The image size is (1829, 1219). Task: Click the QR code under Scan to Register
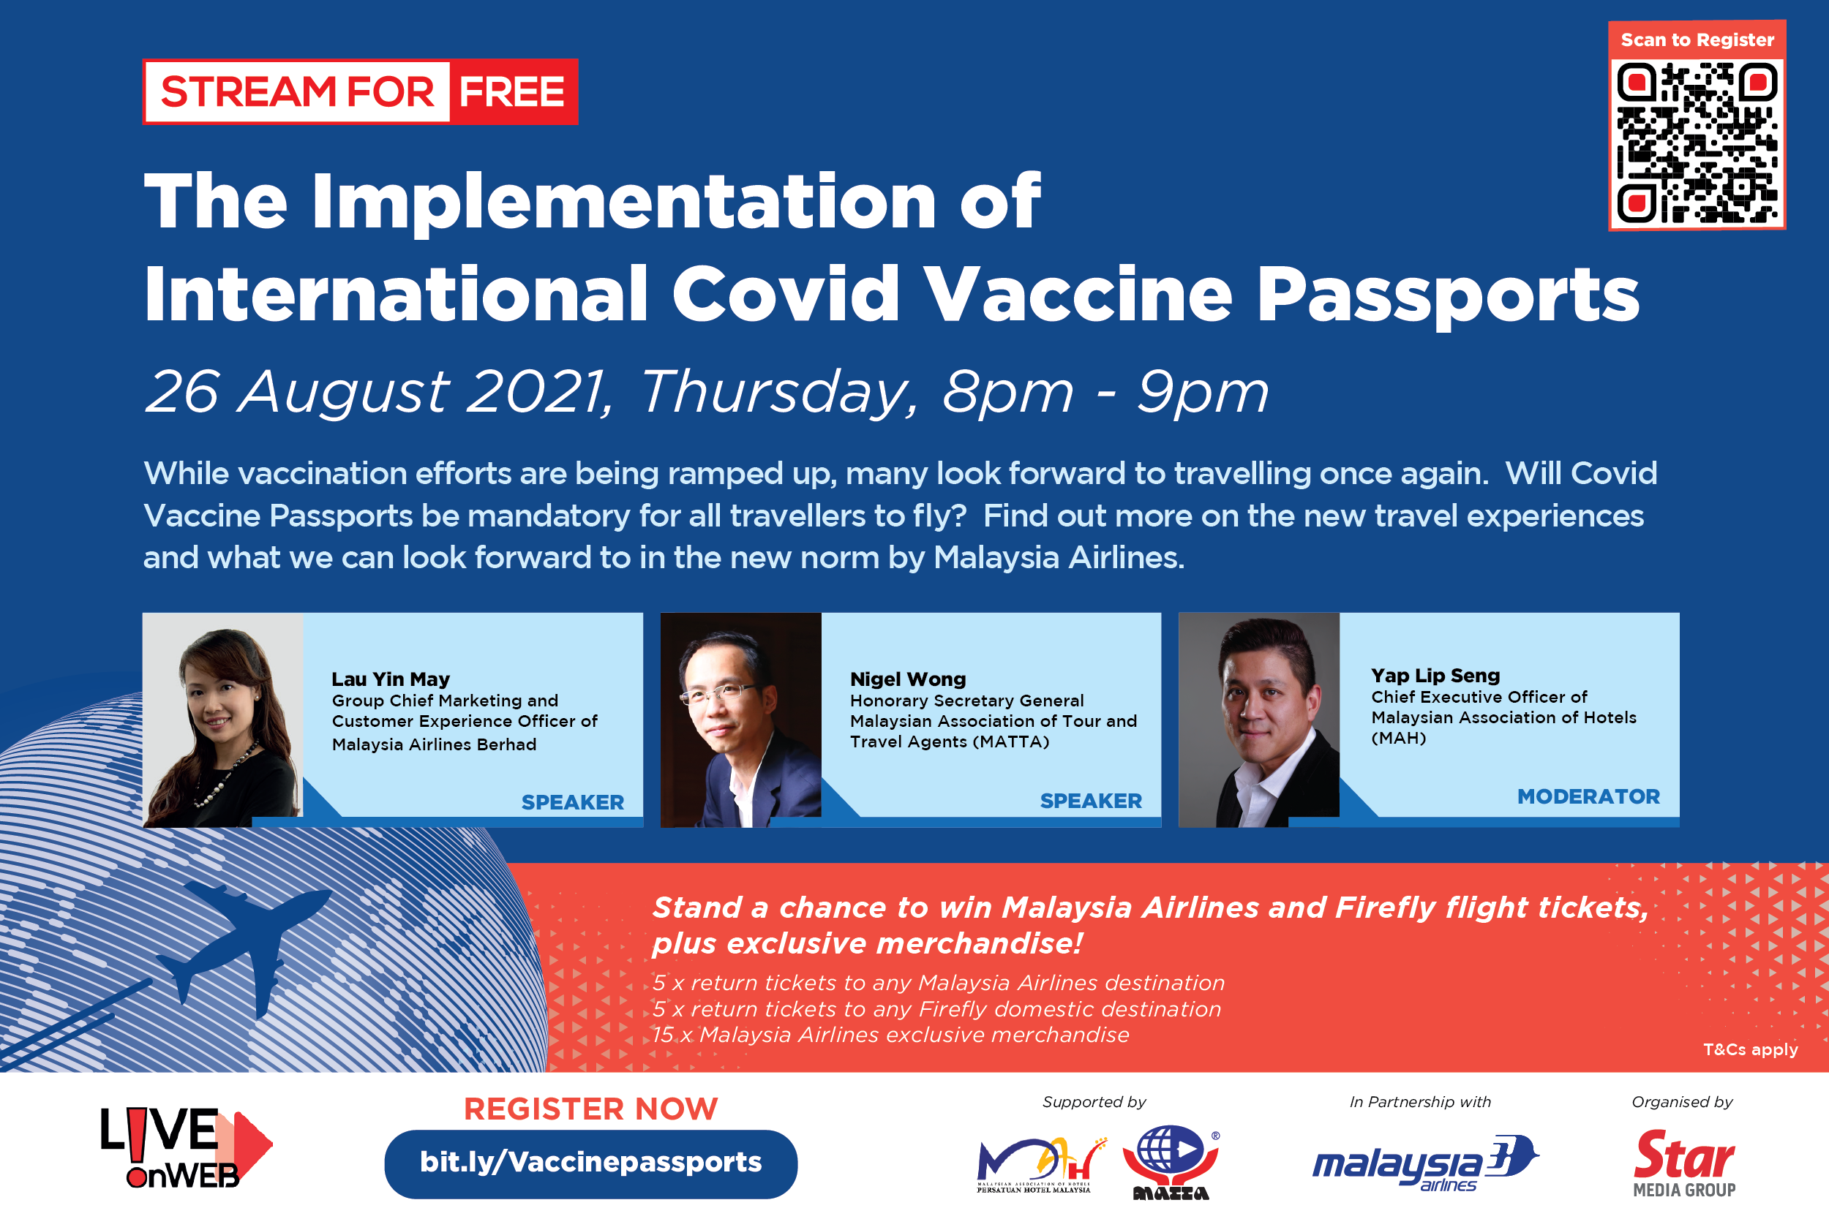[x=1697, y=144]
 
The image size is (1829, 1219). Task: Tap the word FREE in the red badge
[x=511, y=91]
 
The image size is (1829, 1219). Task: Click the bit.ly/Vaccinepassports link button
[x=591, y=1163]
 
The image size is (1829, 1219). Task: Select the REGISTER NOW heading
[x=591, y=1109]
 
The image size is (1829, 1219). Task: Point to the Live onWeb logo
[x=186, y=1148]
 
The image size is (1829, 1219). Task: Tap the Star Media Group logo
[x=1684, y=1163]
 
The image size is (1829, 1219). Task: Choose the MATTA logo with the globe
[x=1171, y=1162]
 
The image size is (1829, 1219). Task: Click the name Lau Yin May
[x=391, y=679]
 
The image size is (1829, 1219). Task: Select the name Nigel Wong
[x=907, y=679]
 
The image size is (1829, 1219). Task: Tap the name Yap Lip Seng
[x=1435, y=675]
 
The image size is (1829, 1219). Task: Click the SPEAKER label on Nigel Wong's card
[x=1091, y=801]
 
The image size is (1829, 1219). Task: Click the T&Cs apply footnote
[x=1751, y=1049]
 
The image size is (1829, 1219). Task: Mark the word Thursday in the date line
[x=778, y=392]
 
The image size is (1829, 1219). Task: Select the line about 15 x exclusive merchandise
[x=890, y=1035]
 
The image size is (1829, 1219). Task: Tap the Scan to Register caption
[x=1697, y=39]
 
